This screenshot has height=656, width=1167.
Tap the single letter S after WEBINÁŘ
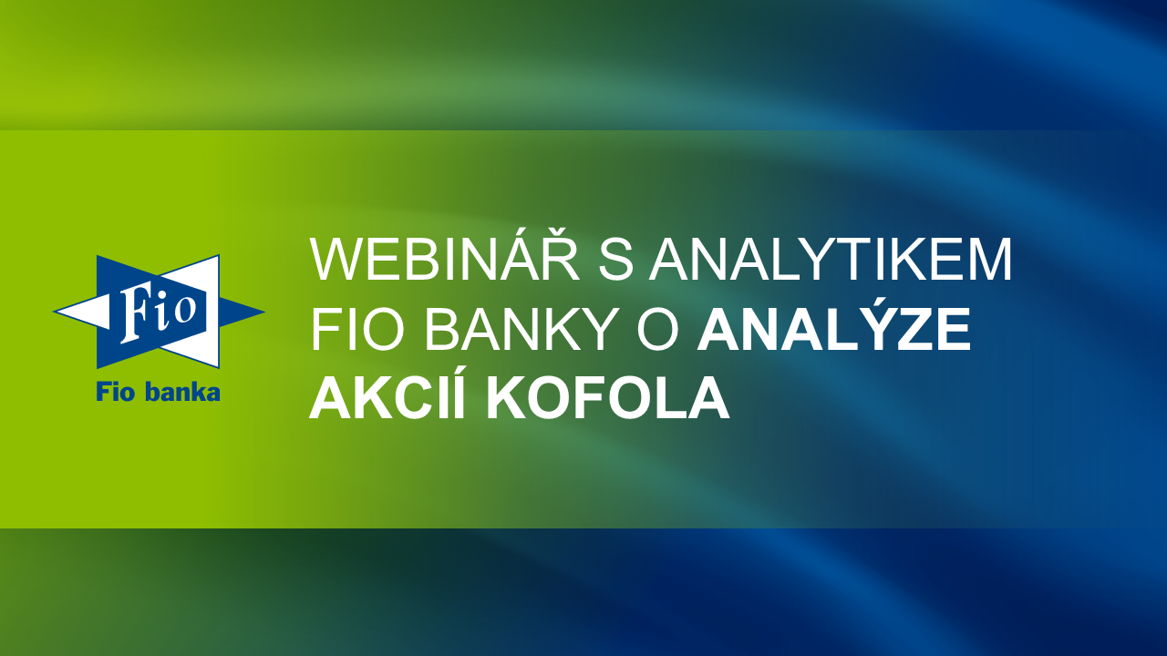click(616, 260)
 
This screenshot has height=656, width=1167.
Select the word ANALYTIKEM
click(831, 260)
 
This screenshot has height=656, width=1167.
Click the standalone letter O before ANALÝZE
click(658, 330)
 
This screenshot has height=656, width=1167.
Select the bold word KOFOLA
click(607, 397)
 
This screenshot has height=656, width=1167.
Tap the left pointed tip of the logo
click(54, 312)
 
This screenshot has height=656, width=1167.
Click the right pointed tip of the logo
click(264, 312)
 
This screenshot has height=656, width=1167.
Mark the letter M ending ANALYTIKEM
click(987, 260)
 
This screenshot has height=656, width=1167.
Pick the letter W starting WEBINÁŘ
click(339, 260)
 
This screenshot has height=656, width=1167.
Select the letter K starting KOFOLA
click(507, 397)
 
